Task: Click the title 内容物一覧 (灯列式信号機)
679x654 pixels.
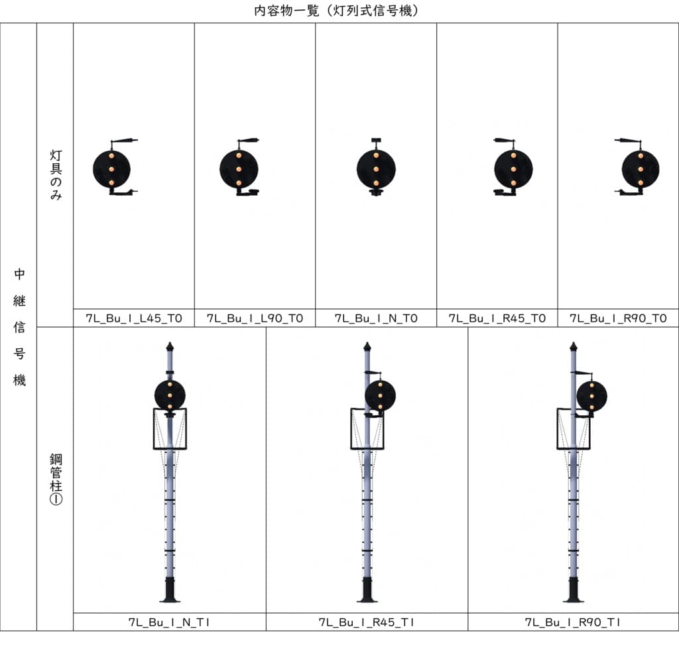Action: point(336,10)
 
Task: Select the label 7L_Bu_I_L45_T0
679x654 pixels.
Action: point(134,318)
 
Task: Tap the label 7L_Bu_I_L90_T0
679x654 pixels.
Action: point(255,318)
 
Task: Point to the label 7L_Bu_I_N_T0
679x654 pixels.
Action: point(376,318)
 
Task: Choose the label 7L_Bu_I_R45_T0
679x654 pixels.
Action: point(497,318)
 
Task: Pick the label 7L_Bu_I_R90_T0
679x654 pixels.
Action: point(618,318)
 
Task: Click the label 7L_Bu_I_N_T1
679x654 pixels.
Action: point(169,622)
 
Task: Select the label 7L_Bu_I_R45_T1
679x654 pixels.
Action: point(366,622)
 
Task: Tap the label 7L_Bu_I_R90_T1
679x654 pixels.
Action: point(573,622)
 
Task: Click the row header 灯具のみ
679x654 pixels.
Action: point(56,175)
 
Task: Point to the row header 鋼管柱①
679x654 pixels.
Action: point(56,479)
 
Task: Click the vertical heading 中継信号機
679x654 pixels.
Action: point(19,327)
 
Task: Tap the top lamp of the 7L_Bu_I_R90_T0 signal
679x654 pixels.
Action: point(641,155)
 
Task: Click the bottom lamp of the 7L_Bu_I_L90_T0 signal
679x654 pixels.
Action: point(239,183)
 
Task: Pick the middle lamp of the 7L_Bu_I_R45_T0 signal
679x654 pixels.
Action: point(514,169)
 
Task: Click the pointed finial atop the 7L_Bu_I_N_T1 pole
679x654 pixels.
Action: point(170,346)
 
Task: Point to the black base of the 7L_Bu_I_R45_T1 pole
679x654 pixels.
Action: point(367,590)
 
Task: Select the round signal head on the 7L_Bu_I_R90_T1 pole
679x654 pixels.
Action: point(592,396)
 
